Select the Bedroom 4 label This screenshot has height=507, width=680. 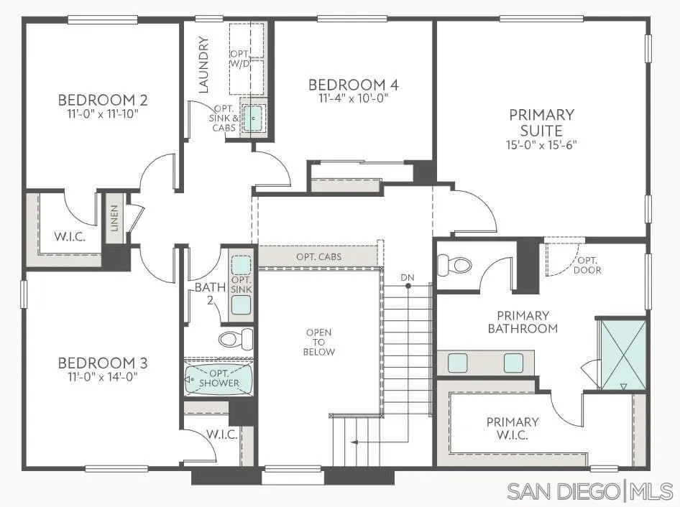354,85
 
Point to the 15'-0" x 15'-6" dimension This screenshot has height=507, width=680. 541,144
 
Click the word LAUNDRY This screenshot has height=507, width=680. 203,65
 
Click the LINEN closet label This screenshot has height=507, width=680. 114,218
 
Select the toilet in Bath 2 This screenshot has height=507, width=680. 236,338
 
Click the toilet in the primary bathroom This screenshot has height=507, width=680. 456,264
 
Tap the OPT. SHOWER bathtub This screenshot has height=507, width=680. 219,378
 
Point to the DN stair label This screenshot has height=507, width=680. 408,276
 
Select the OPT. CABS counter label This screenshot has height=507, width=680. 318,256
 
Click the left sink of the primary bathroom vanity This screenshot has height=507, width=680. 458,363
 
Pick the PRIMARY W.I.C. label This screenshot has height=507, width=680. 512,429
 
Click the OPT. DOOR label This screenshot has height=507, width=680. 589,265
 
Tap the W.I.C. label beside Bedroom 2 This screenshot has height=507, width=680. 70,236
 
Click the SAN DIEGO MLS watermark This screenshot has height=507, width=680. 590,491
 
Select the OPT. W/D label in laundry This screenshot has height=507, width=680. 240,60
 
